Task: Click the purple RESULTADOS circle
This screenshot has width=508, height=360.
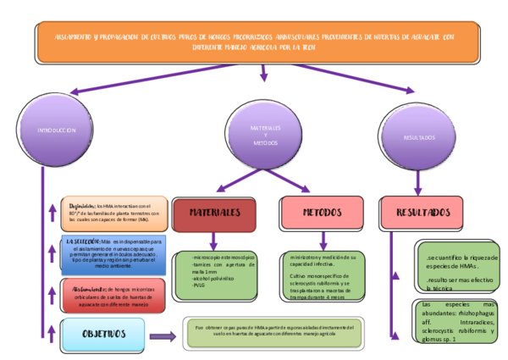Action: pyautogui.click(x=419, y=136)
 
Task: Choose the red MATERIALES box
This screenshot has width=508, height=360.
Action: pyautogui.click(x=214, y=213)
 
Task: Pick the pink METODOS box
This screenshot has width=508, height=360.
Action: pyautogui.click(x=320, y=213)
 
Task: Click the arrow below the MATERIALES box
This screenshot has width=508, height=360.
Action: pyautogui.click(x=214, y=241)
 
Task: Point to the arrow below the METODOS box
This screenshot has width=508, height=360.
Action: pyautogui.click(x=320, y=241)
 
